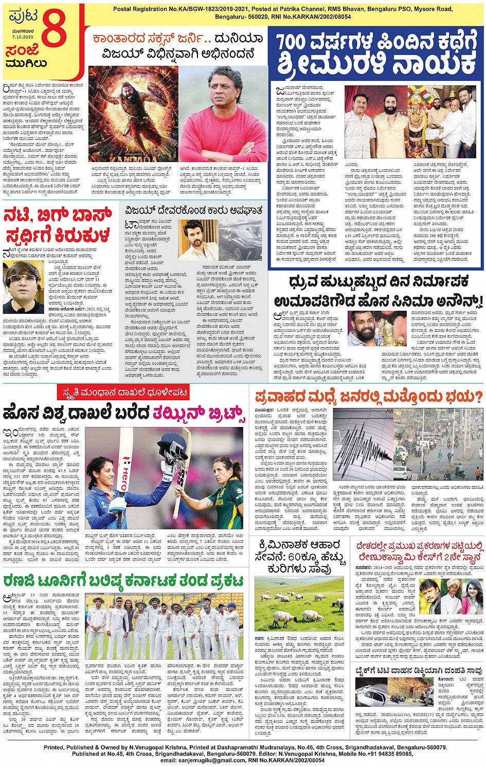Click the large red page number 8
pos(54,32)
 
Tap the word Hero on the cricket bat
pos(123,471)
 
